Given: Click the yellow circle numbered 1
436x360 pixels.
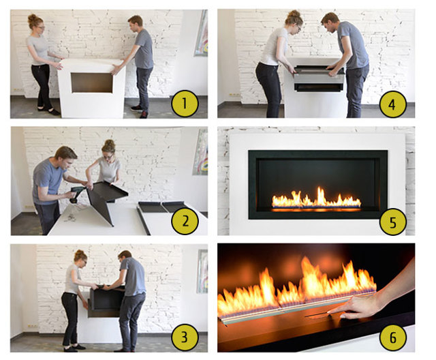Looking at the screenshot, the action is pos(185,104).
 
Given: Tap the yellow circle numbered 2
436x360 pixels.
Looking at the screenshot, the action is pos(185,222).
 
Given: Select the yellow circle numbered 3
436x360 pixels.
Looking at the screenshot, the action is pos(185,337).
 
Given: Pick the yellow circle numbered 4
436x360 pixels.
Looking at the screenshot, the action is pos(392,104).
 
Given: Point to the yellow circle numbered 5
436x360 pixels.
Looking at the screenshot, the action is pos(392,222).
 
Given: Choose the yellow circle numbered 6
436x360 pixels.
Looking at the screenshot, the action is pos(392,337).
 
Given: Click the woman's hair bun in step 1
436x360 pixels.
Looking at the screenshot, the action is pos(32,17).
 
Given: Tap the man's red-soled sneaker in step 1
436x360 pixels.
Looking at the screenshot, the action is pos(144,115).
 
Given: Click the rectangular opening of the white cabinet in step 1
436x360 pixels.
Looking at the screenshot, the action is pos(92,82).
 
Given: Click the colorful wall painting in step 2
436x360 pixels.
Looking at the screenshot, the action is pos(201,151).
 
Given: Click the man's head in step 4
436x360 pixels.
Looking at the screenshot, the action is pos(330,24).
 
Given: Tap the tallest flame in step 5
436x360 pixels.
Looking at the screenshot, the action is pos(321,196).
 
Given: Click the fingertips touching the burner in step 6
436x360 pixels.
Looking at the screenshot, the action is pos(332,313).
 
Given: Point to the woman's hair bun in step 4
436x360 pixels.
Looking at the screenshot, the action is pos(294,14).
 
